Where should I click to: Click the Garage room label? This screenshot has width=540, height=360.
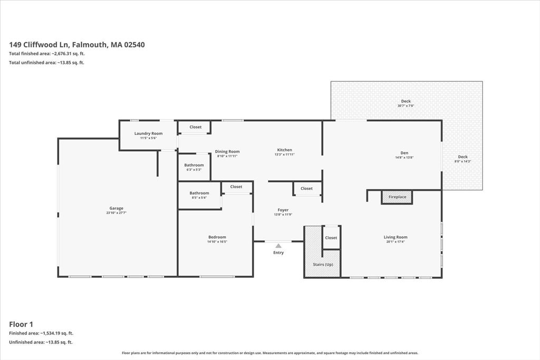coord(117,208)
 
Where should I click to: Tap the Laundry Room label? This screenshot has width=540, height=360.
coord(148,133)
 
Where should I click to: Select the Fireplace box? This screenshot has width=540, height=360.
coord(397,197)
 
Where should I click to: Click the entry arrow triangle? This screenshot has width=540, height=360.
coord(278,246)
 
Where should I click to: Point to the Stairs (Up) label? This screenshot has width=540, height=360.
coord(323,265)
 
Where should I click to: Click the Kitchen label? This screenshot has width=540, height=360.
coord(284,150)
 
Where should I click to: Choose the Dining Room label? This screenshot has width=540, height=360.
coord(227,151)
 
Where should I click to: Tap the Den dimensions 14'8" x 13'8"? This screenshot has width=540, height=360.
coord(404,158)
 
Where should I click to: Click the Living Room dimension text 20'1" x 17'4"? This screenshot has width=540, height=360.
coord(396,241)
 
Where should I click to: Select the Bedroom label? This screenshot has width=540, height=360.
coord(217,237)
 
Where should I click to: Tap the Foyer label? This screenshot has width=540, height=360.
coord(283,210)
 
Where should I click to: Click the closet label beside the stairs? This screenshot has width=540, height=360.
coord(331,238)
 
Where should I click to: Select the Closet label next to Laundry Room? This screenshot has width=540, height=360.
coord(196,127)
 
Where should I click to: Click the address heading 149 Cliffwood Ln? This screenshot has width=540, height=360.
coord(77,45)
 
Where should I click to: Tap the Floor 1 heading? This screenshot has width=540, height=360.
coord(21,324)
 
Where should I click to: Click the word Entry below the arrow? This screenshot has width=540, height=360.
coord(278,252)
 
